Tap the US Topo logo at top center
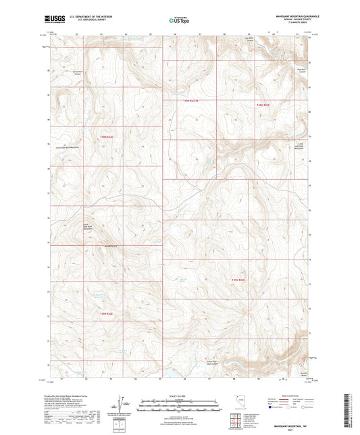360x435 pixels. (x=179, y=20)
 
